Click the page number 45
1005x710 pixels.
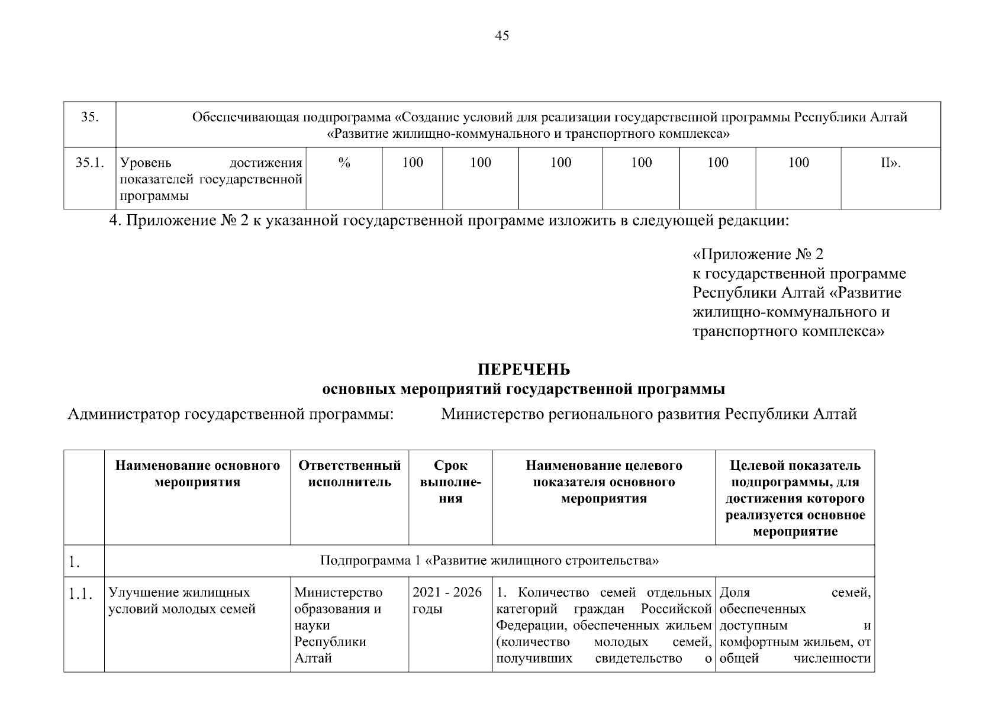[x=501, y=36]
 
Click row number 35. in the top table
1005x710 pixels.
[x=89, y=117]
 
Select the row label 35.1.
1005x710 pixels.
[x=89, y=163]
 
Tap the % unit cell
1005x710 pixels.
[x=344, y=163]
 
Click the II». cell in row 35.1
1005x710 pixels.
[x=890, y=163]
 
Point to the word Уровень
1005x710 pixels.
[x=146, y=163]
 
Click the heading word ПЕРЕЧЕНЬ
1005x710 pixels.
[x=524, y=370]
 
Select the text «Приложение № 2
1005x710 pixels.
[x=758, y=254]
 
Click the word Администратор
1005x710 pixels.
[x=124, y=414]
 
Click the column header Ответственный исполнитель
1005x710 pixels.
[x=349, y=474]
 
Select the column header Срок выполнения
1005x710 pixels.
[x=450, y=482]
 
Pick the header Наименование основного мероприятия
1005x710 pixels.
[x=197, y=474]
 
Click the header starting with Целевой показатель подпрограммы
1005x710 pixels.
[x=795, y=498]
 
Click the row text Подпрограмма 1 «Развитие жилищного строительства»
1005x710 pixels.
[x=489, y=560]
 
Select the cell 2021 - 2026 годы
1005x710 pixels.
[x=447, y=601]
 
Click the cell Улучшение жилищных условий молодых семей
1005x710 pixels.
[x=182, y=601]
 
